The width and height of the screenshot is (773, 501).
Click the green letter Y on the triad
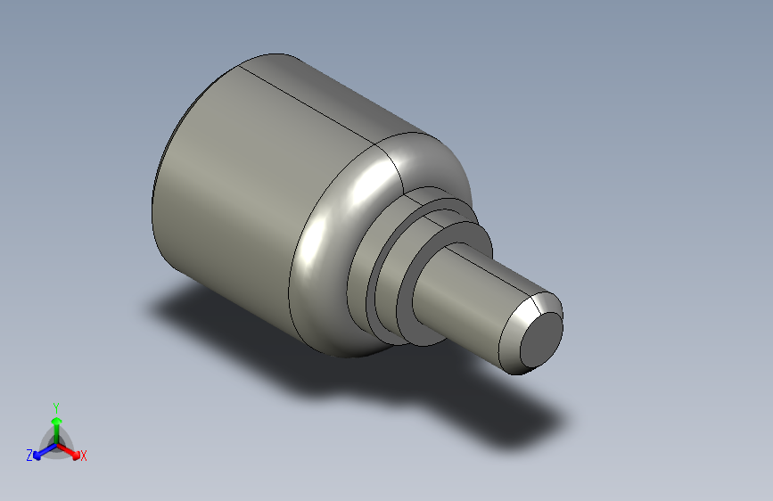(55, 405)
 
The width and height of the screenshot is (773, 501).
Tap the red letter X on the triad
(84, 456)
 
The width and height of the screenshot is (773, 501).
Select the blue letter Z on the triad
(29, 455)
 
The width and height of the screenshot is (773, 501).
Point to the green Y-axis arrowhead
(55, 418)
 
